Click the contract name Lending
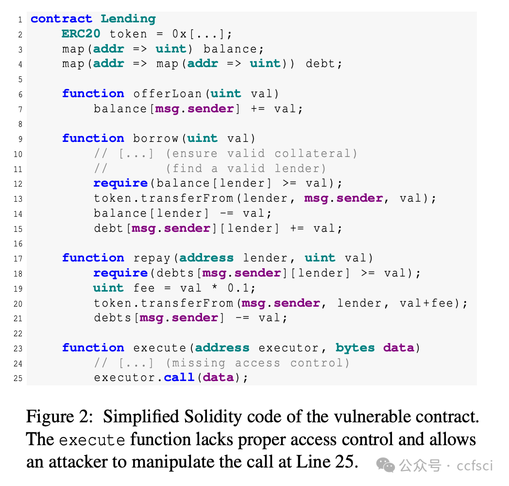pyautogui.click(x=128, y=19)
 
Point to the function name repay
pyautogui.click(x=152, y=258)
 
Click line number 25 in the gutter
pyautogui.click(x=18, y=378)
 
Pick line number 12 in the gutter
pyautogui.click(x=18, y=184)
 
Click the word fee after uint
pyautogui.click(x=144, y=288)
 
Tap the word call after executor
pyautogui.click(x=179, y=378)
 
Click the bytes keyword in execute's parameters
pyautogui.click(x=355, y=348)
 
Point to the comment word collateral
pyautogui.click(x=316, y=154)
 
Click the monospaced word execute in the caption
pyautogui.click(x=92, y=440)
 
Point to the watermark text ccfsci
pyautogui.click(x=475, y=466)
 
